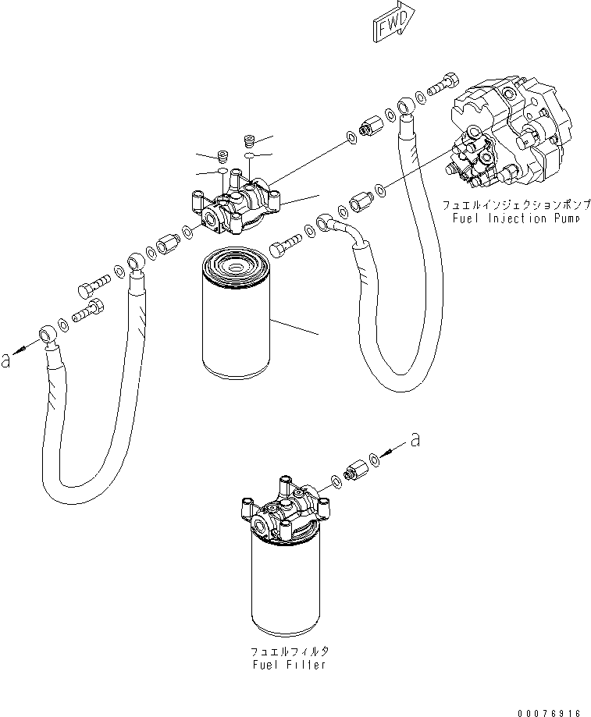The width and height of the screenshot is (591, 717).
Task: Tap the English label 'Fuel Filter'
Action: [x=288, y=665]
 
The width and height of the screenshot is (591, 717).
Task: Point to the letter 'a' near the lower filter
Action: [x=415, y=440]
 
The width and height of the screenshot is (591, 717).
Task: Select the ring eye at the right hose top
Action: [x=405, y=105]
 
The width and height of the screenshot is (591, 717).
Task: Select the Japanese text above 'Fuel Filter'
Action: [x=288, y=651]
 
